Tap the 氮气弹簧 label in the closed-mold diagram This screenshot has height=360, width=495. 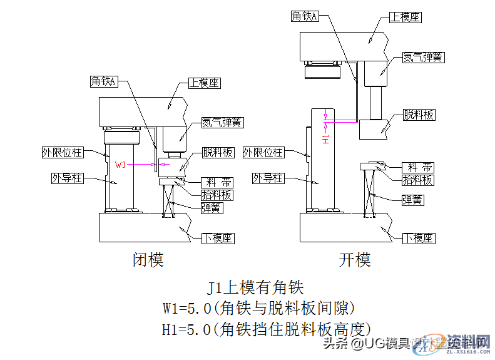click(222, 122)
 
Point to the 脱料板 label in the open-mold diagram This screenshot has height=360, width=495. click(419, 115)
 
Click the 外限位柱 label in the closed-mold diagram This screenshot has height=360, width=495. click(62, 152)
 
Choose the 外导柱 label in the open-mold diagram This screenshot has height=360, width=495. click(268, 178)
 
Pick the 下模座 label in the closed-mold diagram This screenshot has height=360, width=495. click(217, 238)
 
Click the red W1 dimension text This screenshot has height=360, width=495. click(123, 165)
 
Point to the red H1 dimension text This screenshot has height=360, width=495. click(325, 138)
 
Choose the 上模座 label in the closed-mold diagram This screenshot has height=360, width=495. click(205, 83)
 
